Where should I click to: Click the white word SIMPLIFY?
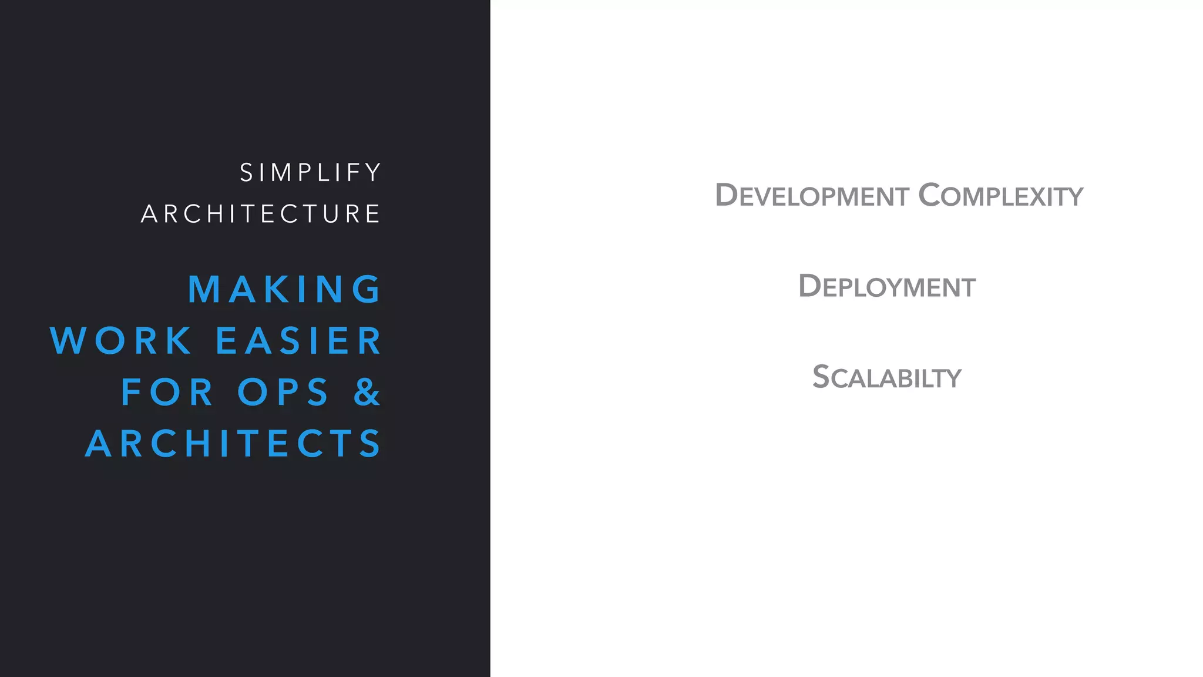pos(311,173)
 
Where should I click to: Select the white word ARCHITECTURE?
pos(261,214)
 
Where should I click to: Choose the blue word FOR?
pos(167,392)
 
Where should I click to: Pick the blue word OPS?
pos(283,392)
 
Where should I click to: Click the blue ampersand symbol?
pos(368,392)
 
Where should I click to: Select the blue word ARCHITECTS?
pos(234,443)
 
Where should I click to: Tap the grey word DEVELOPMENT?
pos(812,196)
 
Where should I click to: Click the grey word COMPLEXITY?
pos(1000,196)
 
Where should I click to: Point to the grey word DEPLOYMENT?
pos(886,287)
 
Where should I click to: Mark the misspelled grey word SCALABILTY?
pos(886,377)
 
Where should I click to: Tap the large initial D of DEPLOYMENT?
pos(809,286)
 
